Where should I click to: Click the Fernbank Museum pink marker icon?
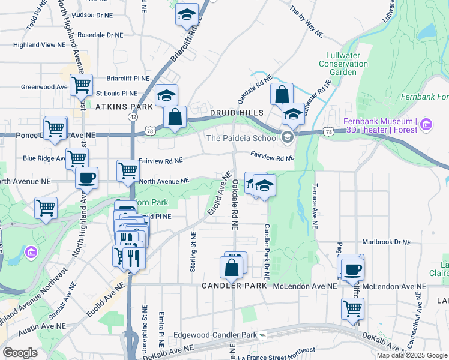[427, 125]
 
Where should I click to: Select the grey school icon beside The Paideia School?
[287, 138]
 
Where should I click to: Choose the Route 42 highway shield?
[132, 117]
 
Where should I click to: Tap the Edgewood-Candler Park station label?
[214, 335]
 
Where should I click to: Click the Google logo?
[20, 352]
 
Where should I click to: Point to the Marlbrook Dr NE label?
[386, 242]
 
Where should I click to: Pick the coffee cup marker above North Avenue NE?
[86, 178]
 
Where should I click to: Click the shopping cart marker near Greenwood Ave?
[80, 85]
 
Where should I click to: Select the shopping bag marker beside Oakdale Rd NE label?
[282, 94]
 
